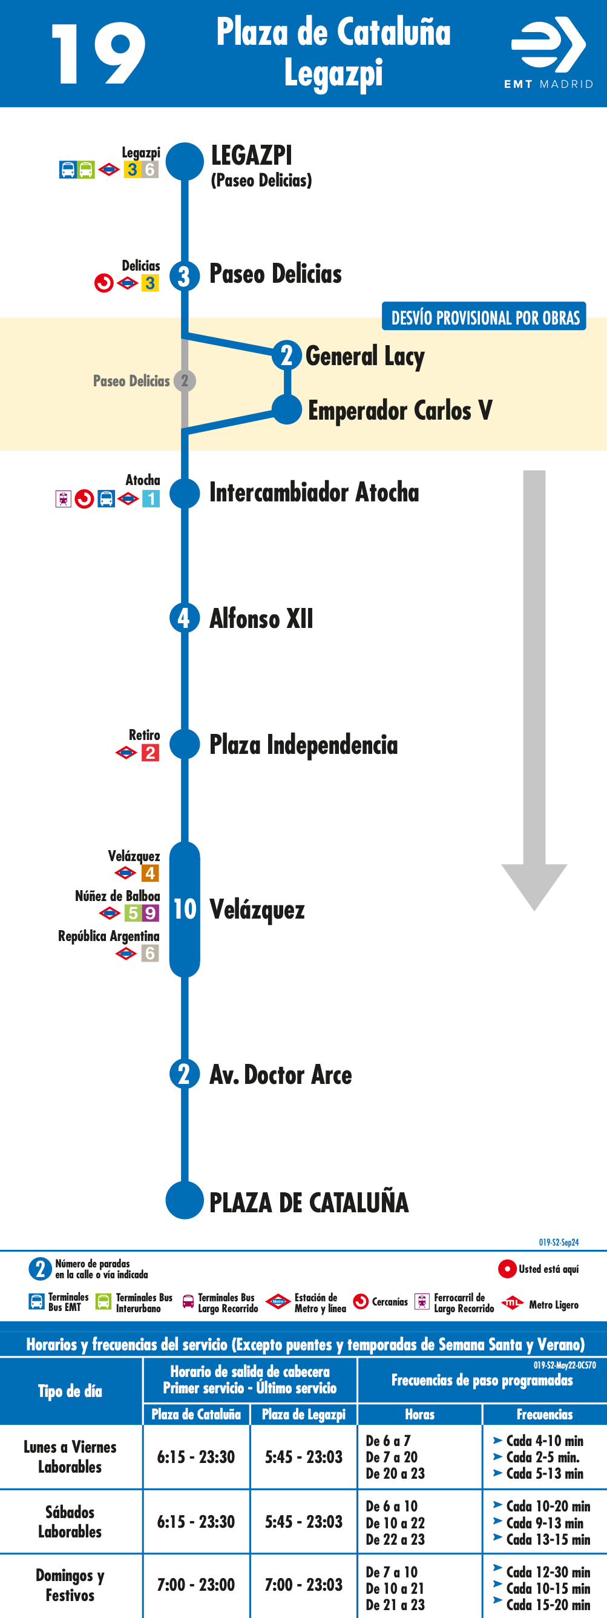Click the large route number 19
pyautogui.click(x=99, y=54)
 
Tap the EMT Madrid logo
pyautogui.click(x=549, y=53)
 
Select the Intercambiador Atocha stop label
pyautogui.click(x=314, y=492)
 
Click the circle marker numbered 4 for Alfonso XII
pyautogui.click(x=184, y=618)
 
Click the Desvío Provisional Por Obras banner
pyautogui.click(x=484, y=317)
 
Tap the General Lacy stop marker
pyautogui.click(x=287, y=355)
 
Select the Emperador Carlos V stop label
pyautogui.click(x=400, y=410)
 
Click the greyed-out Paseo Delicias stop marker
pyautogui.click(x=185, y=381)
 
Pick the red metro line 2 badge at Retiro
pyautogui.click(x=150, y=753)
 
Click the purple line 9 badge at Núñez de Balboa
pyautogui.click(x=151, y=913)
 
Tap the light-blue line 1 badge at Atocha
pyautogui.click(x=151, y=499)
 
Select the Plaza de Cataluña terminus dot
pyautogui.click(x=185, y=1200)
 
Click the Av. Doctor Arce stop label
pyautogui.click(x=281, y=1075)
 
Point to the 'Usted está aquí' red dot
pyautogui.click(x=507, y=1269)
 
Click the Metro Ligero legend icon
pyautogui.click(x=512, y=1303)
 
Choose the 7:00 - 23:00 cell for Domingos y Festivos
pyautogui.click(x=196, y=1585)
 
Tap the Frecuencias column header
pyautogui.click(x=544, y=1414)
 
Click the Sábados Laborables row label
pyautogui.click(x=70, y=1521)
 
